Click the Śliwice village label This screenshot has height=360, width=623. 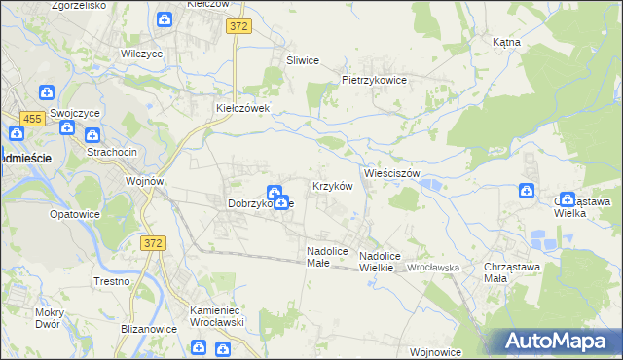click(x=303, y=60)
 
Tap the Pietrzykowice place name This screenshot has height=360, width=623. click(x=373, y=80)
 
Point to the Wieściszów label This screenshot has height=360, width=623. click(x=391, y=173)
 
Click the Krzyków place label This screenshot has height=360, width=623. click(x=331, y=186)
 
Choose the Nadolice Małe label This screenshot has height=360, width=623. click(x=327, y=256)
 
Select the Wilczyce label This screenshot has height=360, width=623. click(x=140, y=54)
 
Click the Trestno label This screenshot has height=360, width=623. click(x=112, y=281)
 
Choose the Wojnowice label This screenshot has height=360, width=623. click(x=435, y=352)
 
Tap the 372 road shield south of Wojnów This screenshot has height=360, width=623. click(x=151, y=244)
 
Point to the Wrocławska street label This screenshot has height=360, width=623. click(x=433, y=267)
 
